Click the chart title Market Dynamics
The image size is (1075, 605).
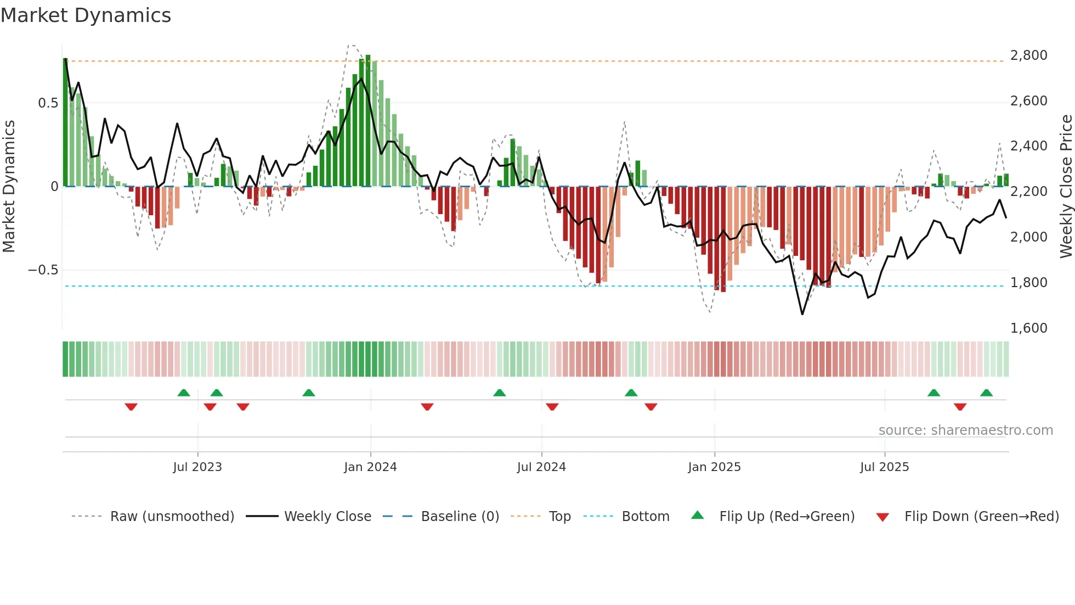pyautogui.click(x=86, y=15)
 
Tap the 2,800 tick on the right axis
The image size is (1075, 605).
pyautogui.click(x=1028, y=55)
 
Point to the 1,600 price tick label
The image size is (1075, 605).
pyautogui.click(x=1028, y=328)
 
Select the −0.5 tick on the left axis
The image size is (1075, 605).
pyautogui.click(x=43, y=270)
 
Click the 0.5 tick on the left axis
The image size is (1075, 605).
pyautogui.click(x=48, y=103)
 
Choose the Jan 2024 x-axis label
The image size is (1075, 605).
pyautogui.click(x=370, y=467)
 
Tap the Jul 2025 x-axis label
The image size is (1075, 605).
pyautogui.click(x=884, y=467)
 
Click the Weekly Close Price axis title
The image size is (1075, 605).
pyautogui.click(x=1066, y=187)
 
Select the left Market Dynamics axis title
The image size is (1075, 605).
pyautogui.click(x=9, y=187)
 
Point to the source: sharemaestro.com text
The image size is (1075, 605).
pyautogui.click(x=965, y=430)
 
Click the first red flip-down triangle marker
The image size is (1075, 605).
pyautogui.click(x=131, y=407)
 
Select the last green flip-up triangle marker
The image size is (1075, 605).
pyautogui.click(x=986, y=393)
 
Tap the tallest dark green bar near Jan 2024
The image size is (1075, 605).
pyautogui.click(x=368, y=121)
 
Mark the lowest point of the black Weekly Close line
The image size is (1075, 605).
pyautogui.click(x=802, y=314)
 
